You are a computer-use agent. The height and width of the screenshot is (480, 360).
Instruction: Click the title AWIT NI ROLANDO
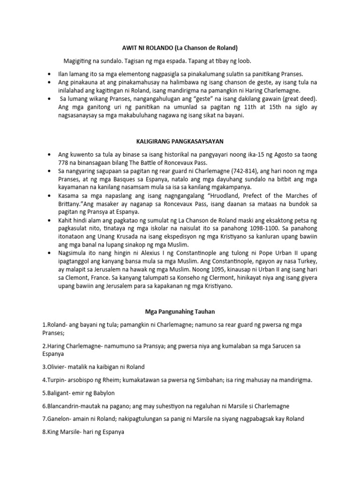[x=145, y=48]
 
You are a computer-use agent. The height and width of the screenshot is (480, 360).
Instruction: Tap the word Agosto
[x=277, y=153]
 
